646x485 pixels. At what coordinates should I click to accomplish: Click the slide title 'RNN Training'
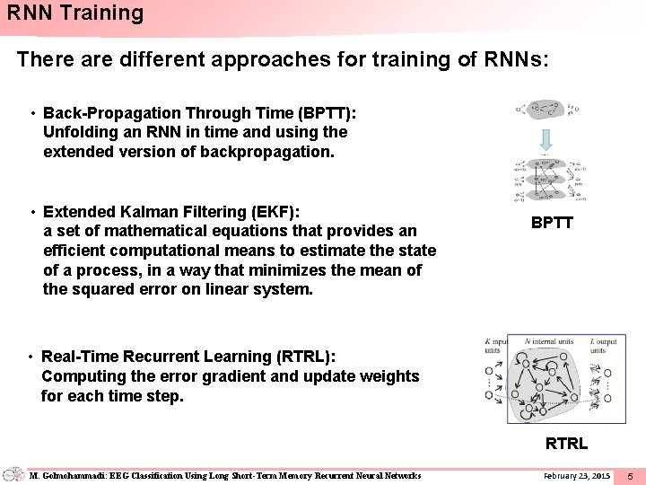tap(74, 13)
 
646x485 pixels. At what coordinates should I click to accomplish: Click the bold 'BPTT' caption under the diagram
tap(551, 223)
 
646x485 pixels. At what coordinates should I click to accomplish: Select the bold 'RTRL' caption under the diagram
tap(566, 443)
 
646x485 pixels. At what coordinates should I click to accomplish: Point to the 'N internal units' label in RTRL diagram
tap(550, 342)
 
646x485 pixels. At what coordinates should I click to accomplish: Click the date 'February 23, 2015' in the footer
tap(576, 475)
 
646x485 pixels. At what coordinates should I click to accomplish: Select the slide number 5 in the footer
tap(630, 475)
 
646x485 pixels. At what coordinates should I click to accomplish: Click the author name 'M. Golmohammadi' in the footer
tap(62, 475)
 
